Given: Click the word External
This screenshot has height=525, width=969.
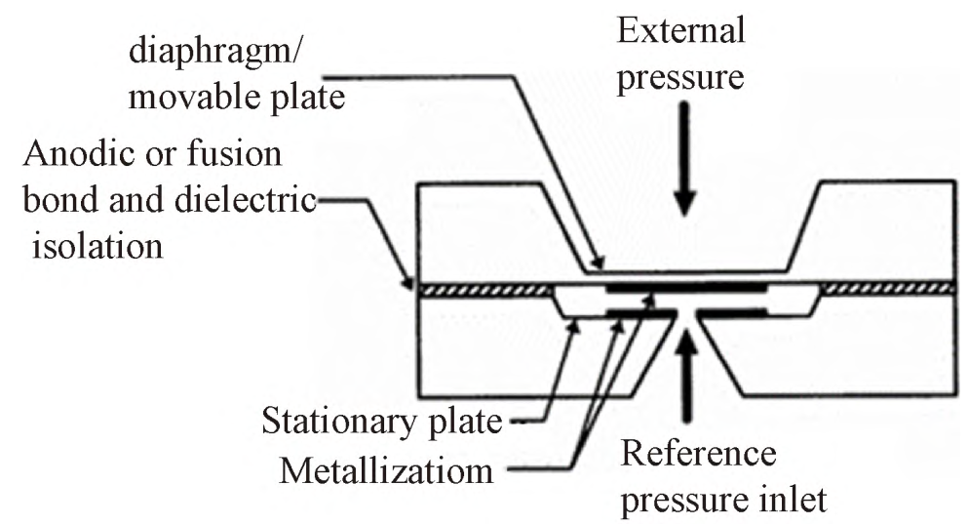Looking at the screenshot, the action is point(681,31).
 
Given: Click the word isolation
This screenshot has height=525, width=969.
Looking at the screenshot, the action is point(97,246).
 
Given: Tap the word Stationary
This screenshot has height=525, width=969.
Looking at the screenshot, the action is point(339,423).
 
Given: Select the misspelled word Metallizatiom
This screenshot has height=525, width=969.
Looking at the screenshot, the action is point(386,471).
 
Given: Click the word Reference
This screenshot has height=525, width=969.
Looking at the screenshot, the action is point(698,453).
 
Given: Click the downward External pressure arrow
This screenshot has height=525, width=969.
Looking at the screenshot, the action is point(684,159).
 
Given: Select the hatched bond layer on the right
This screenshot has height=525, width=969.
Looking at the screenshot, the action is point(888,289).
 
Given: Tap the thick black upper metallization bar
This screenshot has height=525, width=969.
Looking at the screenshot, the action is point(685,289).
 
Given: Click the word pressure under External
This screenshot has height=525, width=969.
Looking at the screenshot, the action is point(680,78).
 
